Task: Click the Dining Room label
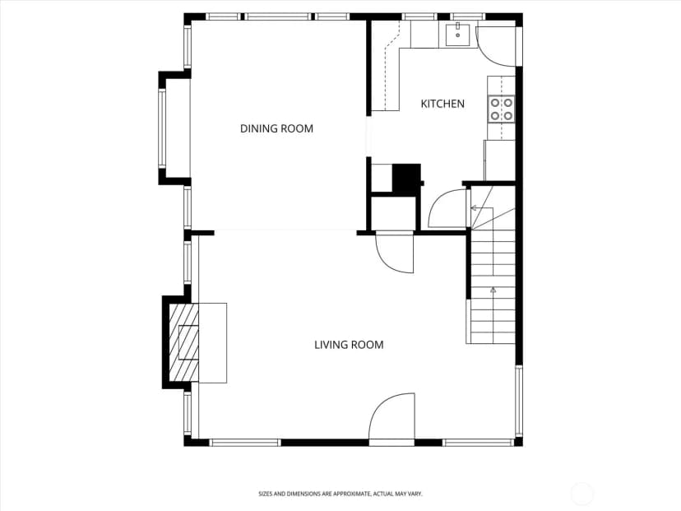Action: click(x=276, y=128)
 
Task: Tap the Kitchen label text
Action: click(x=442, y=104)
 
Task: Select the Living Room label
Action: click(x=349, y=345)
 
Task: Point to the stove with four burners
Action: click(x=501, y=109)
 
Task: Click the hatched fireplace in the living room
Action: click(x=183, y=342)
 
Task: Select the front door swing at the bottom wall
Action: click(x=391, y=416)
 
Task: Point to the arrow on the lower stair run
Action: click(x=493, y=290)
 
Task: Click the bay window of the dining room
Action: click(x=161, y=128)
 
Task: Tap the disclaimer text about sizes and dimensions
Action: click(x=340, y=494)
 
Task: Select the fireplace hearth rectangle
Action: click(x=213, y=343)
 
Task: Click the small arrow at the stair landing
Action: click(x=475, y=208)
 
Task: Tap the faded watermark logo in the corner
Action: click(x=581, y=494)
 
